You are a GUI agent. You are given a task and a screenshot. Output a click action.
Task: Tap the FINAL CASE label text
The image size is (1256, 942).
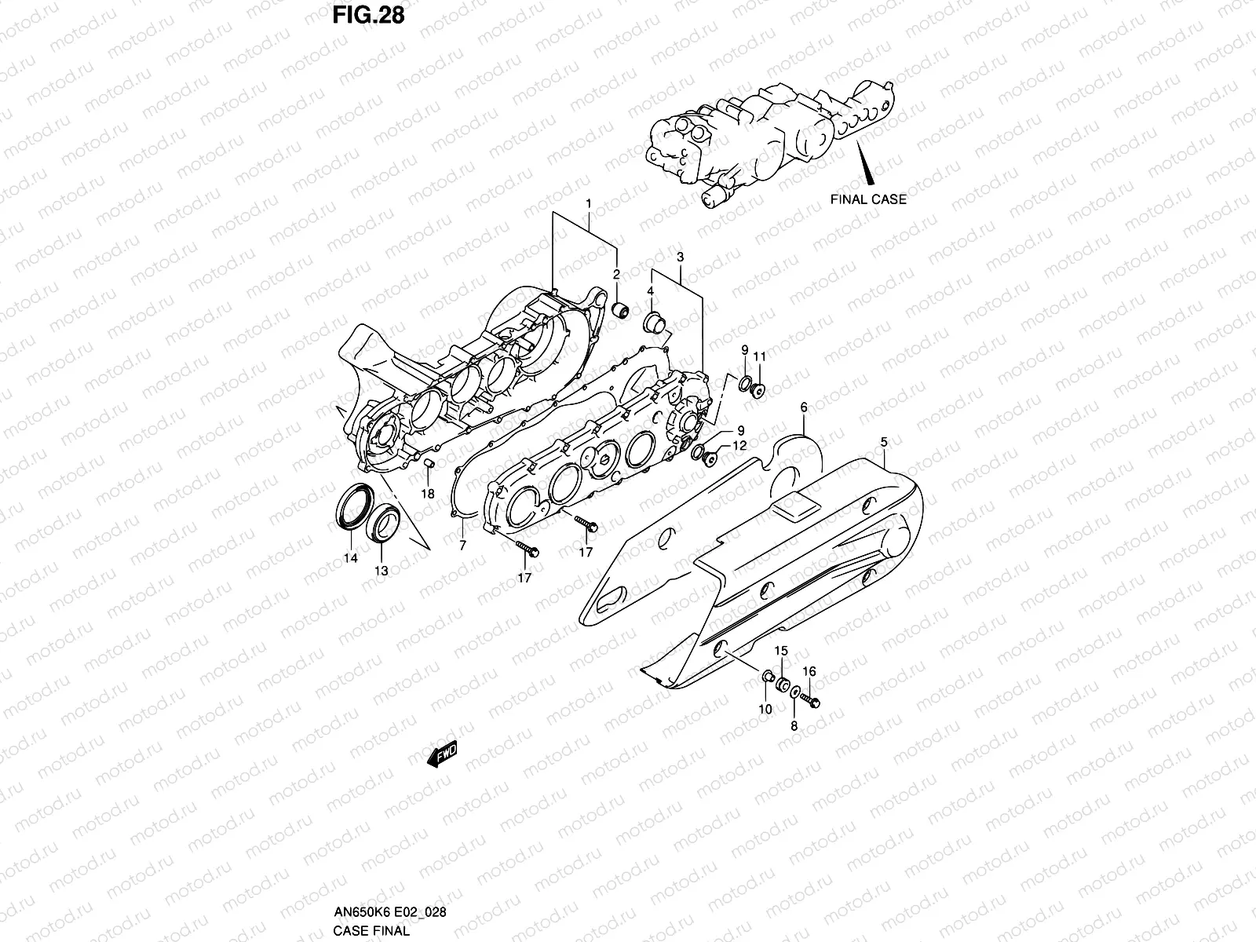click(867, 199)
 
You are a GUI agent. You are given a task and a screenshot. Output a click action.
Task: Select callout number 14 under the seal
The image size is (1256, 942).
click(350, 558)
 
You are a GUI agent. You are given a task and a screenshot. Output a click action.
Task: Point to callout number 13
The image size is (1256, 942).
click(381, 571)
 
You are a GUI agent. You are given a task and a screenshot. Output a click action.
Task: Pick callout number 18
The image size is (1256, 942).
click(428, 494)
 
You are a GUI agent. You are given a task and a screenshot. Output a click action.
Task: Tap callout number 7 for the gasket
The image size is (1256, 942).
click(462, 544)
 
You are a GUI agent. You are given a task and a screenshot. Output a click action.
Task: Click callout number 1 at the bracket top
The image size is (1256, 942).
click(588, 203)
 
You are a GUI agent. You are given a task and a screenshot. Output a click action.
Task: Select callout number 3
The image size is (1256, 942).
click(680, 257)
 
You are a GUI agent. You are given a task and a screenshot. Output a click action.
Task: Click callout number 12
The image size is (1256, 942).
click(739, 445)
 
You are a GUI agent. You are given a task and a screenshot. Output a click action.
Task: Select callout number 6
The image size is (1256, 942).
click(804, 407)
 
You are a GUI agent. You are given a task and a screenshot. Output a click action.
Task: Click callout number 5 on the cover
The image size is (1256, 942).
click(884, 442)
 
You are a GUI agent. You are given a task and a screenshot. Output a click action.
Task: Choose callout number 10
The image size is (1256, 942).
click(765, 709)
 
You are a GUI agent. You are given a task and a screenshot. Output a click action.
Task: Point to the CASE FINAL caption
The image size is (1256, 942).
click(371, 931)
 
